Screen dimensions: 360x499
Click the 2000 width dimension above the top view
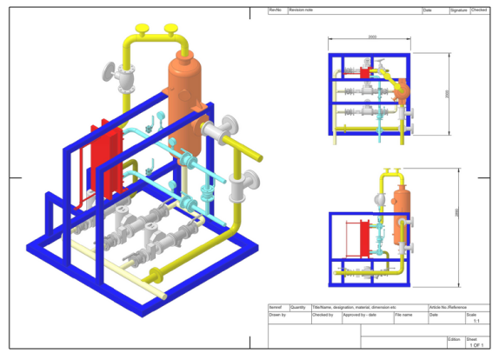(372, 37)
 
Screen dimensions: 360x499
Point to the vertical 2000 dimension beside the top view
(447, 94)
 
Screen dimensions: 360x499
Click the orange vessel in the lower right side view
(403, 199)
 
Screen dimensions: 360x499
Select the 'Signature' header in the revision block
(458, 10)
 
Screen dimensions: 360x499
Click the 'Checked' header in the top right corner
(480, 10)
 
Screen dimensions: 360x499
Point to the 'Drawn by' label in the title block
(278, 315)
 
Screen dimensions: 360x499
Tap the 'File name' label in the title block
(405, 315)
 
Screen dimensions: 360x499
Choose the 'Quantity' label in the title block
(298, 307)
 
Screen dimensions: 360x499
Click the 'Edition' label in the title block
(454, 338)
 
